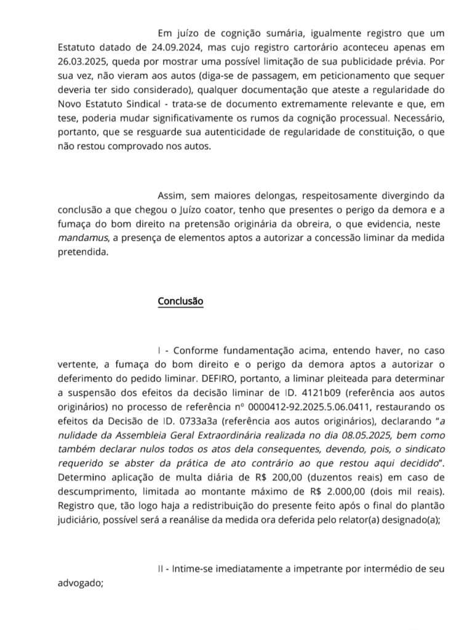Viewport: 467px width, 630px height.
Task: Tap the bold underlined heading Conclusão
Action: coord(180,301)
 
